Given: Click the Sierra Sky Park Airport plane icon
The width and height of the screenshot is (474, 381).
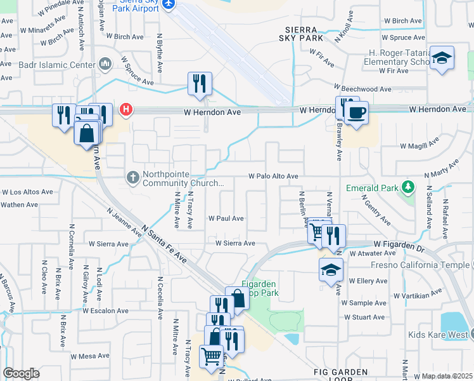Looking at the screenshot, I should pyautogui.click(x=168, y=4).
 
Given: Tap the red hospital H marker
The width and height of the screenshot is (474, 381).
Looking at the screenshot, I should pyautogui.click(x=126, y=110).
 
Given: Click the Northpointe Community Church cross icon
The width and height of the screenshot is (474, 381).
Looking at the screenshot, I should pyautogui.click(x=133, y=177).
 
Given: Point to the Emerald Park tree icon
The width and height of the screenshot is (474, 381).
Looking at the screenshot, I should pyautogui.click(x=409, y=187).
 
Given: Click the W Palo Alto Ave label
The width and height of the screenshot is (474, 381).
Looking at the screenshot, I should pyautogui.click(x=273, y=176).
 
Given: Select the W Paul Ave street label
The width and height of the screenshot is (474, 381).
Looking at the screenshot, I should pyautogui.click(x=226, y=218).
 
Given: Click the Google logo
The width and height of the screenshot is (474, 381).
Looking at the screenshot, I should pyautogui.click(x=21, y=373).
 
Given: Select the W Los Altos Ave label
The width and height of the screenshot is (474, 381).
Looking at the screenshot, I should pyautogui.click(x=28, y=192).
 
